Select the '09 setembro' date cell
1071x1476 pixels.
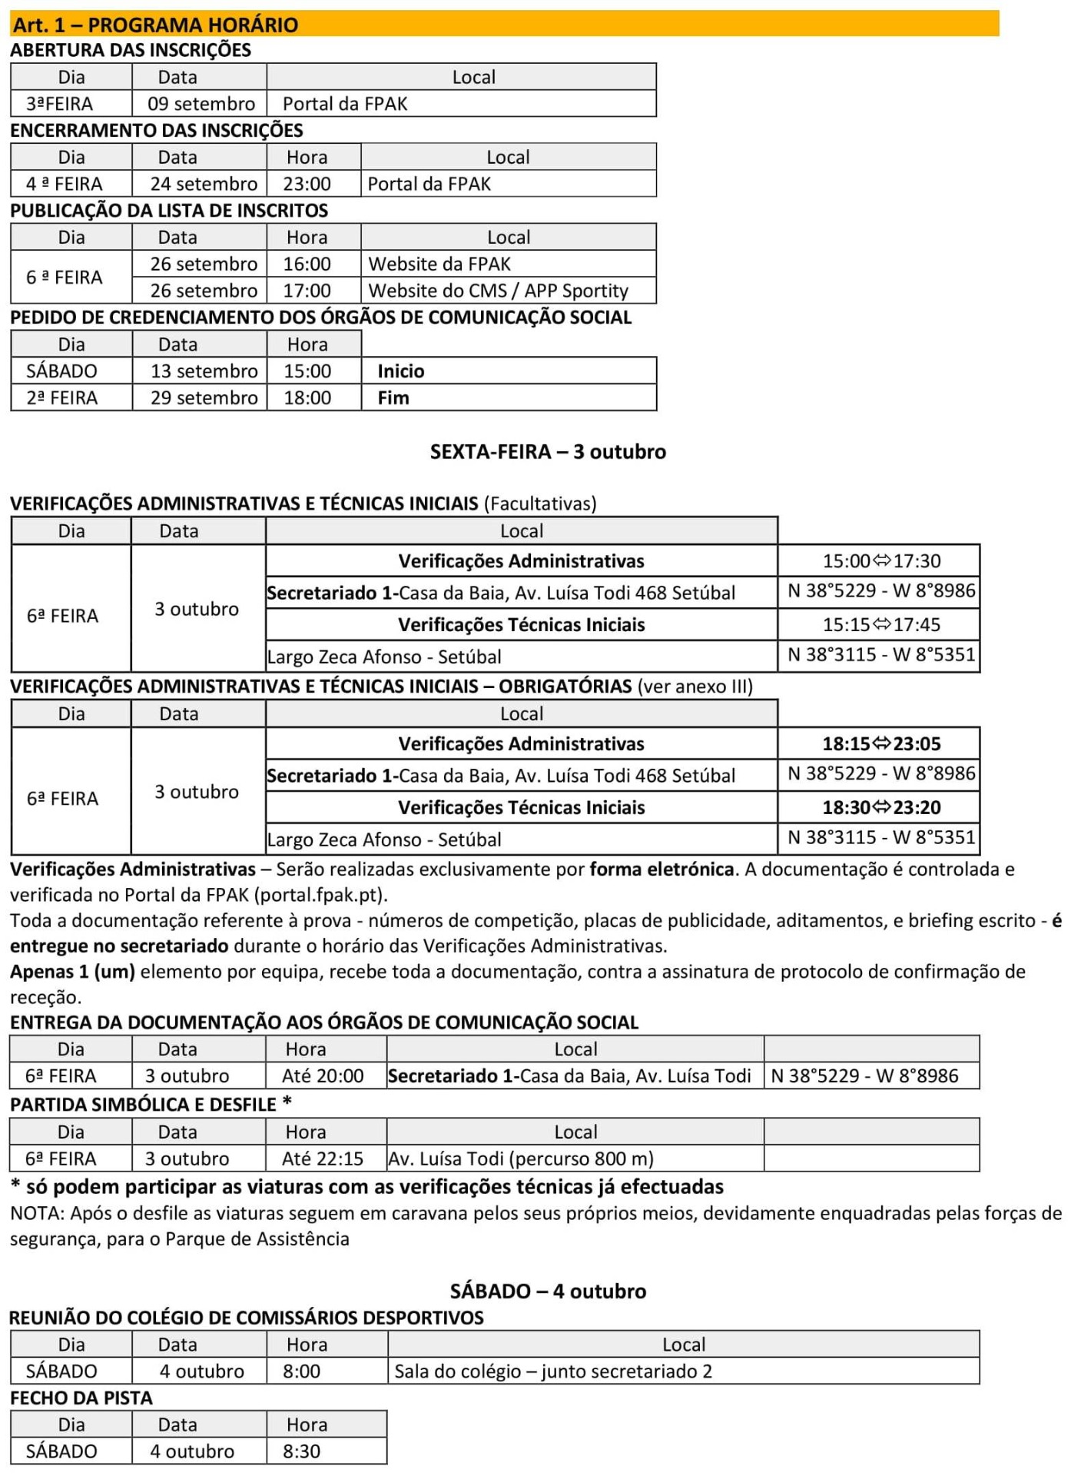201,104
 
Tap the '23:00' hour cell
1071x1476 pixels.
307,184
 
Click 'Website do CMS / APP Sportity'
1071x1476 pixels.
498,291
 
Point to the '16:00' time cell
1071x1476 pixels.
307,264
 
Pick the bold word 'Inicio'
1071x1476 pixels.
400,371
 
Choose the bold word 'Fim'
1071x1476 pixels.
393,397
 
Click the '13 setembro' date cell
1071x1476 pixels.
204,371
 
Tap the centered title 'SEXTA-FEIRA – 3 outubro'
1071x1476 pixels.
548,451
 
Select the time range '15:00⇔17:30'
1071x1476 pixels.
881,561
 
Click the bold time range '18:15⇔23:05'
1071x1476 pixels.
881,743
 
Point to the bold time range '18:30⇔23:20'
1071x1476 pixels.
881,807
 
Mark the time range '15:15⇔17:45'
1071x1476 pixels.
881,624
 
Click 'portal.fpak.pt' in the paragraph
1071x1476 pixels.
320,895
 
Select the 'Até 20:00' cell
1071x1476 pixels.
323,1075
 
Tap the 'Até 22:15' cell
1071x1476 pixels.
323,1159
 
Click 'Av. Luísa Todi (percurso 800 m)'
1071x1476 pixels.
521,1159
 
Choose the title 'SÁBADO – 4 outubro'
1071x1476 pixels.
548,1291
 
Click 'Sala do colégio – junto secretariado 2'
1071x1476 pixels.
553,1371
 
